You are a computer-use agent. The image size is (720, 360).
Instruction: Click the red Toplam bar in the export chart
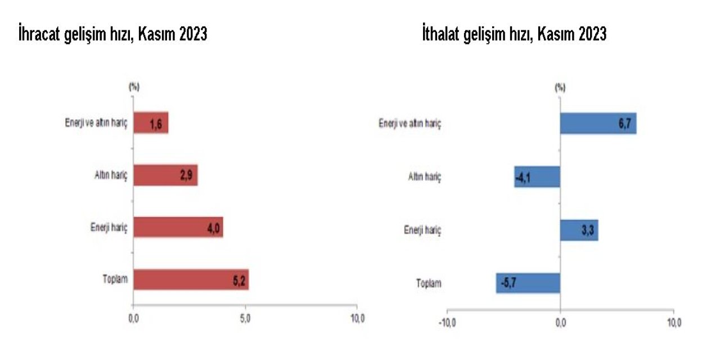coord(191,280)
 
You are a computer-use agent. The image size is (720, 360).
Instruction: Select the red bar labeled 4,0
coord(178,227)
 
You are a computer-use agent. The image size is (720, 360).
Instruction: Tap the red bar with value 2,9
coord(165,175)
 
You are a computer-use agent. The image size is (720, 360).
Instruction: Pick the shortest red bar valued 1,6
coord(151,123)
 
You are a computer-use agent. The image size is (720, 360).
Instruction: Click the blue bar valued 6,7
coord(598,123)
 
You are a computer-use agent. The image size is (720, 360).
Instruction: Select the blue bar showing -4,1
coord(537,177)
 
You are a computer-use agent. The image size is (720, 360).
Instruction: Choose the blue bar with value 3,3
coord(579,230)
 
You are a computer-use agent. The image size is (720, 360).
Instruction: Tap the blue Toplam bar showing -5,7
coord(528,283)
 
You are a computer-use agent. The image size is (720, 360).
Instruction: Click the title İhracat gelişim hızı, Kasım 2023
coord(112,35)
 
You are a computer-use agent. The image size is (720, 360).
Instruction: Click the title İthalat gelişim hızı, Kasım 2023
coord(514,35)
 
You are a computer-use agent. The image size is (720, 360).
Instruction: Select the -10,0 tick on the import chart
coord(447,323)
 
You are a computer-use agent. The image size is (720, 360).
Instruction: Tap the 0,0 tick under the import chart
coord(560,323)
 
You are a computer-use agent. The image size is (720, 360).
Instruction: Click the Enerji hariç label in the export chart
coord(109,228)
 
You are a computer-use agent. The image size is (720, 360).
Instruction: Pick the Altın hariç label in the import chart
coord(425,177)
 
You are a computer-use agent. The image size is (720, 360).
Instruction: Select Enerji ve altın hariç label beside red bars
coord(96,123)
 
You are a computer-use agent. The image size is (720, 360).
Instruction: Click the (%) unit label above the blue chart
coord(560,88)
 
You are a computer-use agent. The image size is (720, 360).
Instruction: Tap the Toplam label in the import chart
coord(429,283)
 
